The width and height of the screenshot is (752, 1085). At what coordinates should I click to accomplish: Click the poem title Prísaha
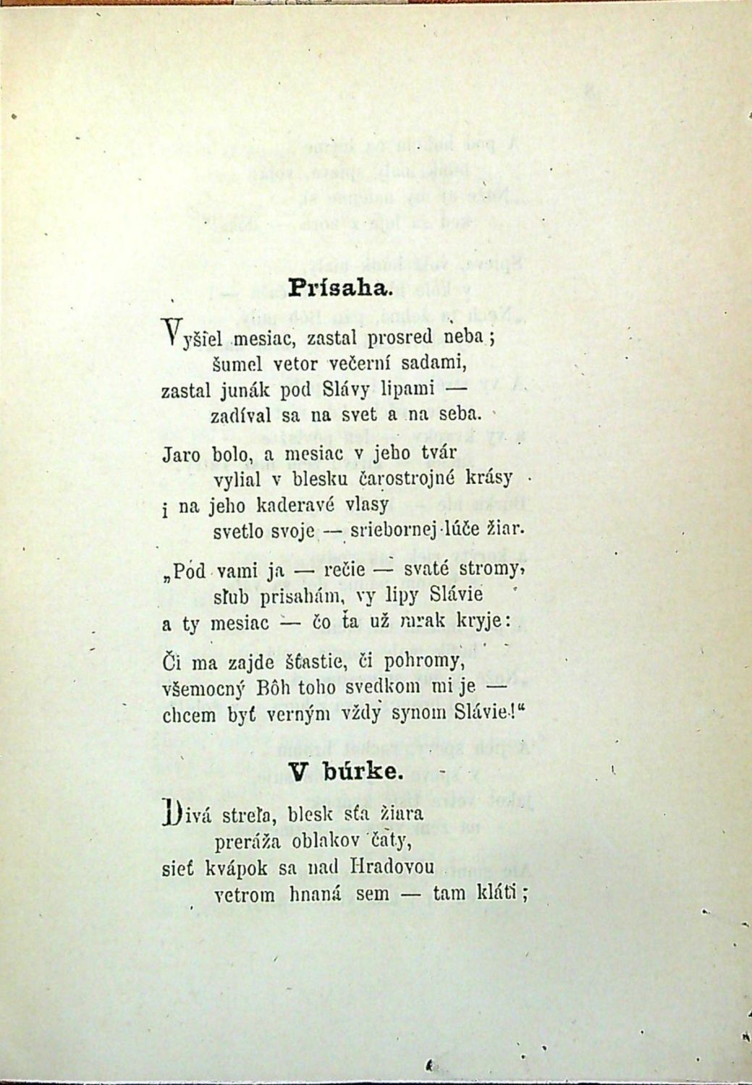click(x=339, y=288)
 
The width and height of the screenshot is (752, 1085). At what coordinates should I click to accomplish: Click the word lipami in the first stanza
click(x=407, y=390)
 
